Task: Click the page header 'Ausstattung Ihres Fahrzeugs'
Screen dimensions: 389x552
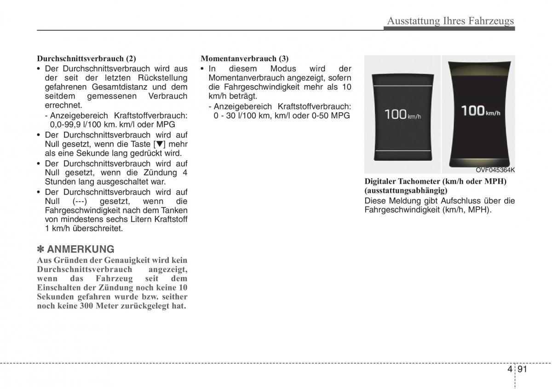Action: (x=450, y=21)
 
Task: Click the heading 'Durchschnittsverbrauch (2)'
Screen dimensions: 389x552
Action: (x=86, y=59)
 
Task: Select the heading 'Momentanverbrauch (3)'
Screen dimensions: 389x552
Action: (x=245, y=59)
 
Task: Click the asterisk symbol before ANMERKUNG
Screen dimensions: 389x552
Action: (x=40, y=249)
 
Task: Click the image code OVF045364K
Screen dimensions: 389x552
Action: (x=495, y=170)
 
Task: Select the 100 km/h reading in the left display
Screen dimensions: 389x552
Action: (x=402, y=115)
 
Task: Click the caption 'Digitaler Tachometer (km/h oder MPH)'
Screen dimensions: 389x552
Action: (x=435, y=181)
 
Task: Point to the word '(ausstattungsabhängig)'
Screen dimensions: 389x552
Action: (x=405, y=190)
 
